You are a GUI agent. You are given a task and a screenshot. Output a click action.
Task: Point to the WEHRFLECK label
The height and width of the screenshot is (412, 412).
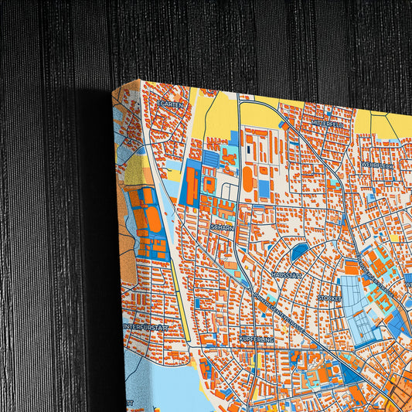point(377,165)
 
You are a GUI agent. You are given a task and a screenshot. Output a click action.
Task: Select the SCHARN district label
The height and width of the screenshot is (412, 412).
point(221,228)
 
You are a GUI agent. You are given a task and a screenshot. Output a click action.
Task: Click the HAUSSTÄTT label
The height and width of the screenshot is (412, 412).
point(286,274)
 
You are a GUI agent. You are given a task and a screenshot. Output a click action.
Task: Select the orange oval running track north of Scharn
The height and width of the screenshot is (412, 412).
point(247,179)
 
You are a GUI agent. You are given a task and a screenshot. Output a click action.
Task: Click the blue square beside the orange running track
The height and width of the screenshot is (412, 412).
point(264,188)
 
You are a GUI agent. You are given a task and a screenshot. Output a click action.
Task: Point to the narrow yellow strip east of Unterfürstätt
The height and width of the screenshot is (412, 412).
point(184,294)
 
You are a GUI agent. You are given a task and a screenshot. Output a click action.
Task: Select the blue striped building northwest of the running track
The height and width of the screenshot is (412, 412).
point(210,158)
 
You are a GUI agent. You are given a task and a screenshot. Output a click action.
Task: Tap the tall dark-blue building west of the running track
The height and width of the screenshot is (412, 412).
point(189,186)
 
